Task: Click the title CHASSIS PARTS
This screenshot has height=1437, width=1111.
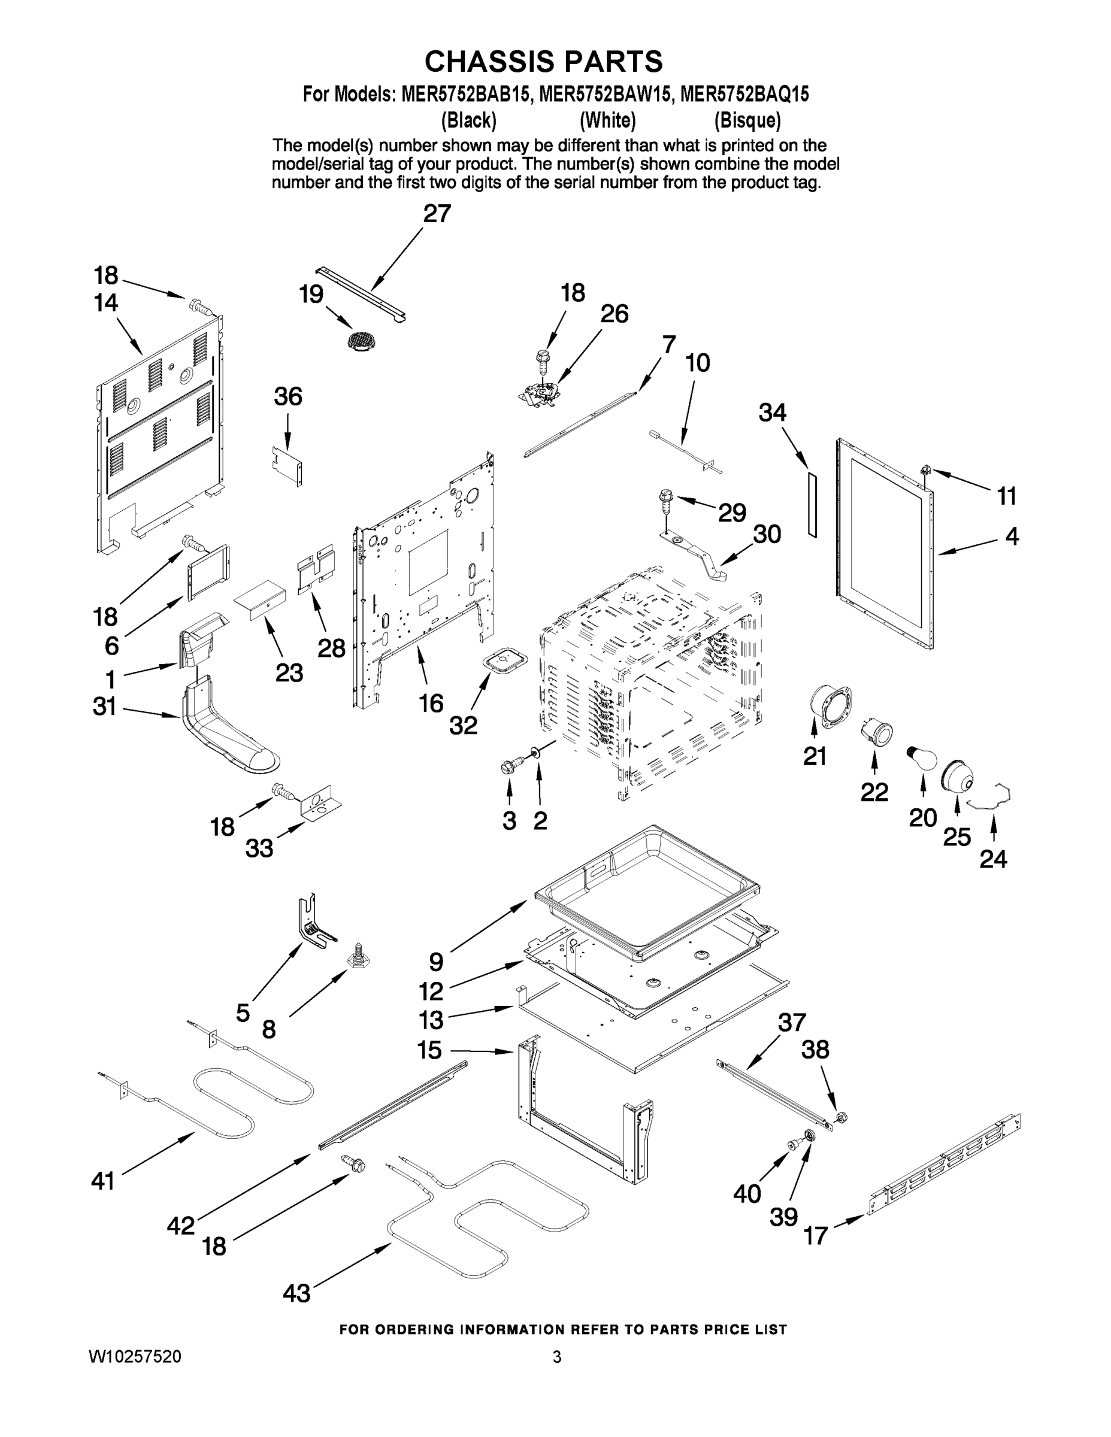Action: [x=543, y=62]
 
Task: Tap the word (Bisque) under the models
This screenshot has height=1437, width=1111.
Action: [x=747, y=120]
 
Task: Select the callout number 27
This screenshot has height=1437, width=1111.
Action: [x=437, y=214]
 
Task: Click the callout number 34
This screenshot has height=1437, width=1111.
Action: [x=772, y=413]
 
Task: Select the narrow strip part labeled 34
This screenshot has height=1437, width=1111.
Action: [x=812, y=504]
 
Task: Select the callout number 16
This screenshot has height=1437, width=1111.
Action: [x=431, y=704]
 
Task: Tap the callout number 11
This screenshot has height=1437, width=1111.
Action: [x=1006, y=496]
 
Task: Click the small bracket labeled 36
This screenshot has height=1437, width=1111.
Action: [x=288, y=465]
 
